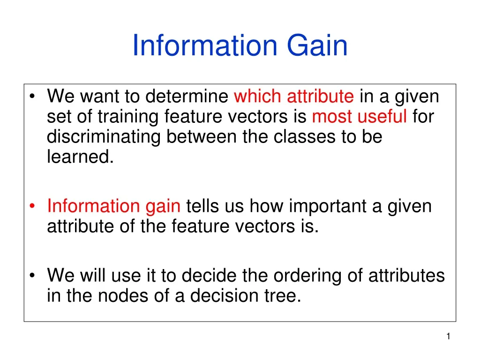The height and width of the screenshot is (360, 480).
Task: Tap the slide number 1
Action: (448, 337)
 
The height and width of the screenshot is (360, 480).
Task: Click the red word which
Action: (258, 97)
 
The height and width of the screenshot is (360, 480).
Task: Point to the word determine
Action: (187, 97)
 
